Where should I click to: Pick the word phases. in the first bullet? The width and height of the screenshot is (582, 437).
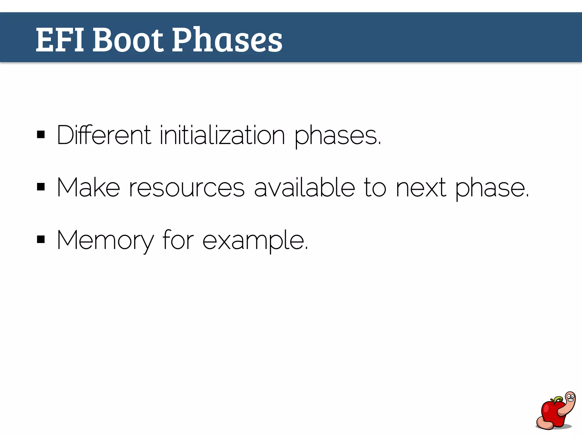click(337, 136)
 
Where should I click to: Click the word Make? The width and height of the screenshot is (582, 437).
click(88, 188)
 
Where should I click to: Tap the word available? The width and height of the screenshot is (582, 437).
click(304, 188)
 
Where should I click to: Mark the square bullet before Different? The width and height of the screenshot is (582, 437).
click(41, 134)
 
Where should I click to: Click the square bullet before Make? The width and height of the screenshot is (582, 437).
click(41, 187)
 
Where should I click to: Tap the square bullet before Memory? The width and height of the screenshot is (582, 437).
click(41, 239)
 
